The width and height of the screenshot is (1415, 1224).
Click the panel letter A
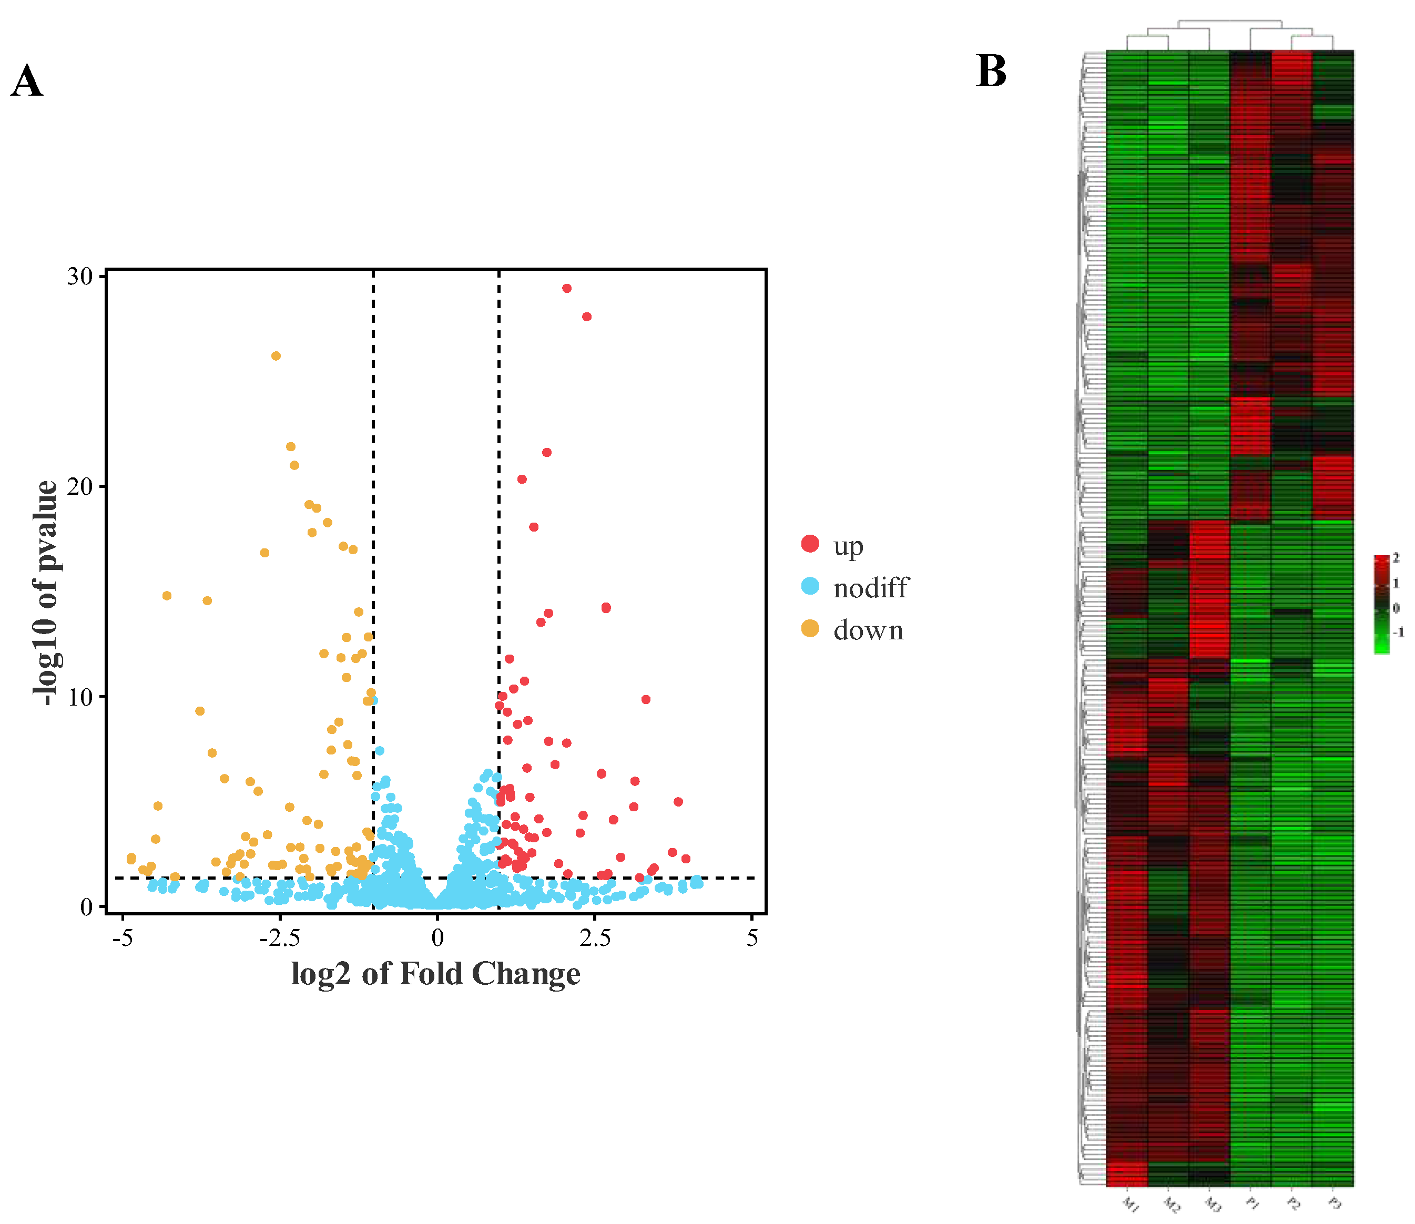pyautogui.click(x=27, y=81)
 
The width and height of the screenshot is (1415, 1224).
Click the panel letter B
pyautogui.click(x=991, y=71)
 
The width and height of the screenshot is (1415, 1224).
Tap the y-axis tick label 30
pyautogui.click(x=80, y=276)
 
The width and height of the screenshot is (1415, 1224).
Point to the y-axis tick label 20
pyautogui.click(x=80, y=486)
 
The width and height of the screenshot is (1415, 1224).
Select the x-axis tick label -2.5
pyautogui.click(x=279, y=938)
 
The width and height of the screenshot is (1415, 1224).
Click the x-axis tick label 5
pyautogui.click(x=752, y=938)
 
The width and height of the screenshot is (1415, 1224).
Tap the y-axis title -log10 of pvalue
pyautogui.click(x=46, y=593)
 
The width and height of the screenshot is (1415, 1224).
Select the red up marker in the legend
pyautogui.click(x=810, y=544)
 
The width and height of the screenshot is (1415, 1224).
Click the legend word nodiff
pyautogui.click(x=871, y=587)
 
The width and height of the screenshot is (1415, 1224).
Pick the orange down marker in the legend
pyautogui.click(x=810, y=628)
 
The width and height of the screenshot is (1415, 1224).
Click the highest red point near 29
pyautogui.click(x=567, y=288)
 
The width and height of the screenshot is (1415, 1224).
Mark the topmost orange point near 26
pyautogui.click(x=276, y=356)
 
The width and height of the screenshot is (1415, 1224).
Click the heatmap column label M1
pyautogui.click(x=1130, y=1204)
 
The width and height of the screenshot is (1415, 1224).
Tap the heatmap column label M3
pyautogui.click(x=1212, y=1204)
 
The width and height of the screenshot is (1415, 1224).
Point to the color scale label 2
pyautogui.click(x=1396, y=558)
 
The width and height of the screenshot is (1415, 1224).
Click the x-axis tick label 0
pyautogui.click(x=437, y=938)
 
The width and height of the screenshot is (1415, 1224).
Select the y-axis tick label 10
pyautogui.click(x=80, y=697)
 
